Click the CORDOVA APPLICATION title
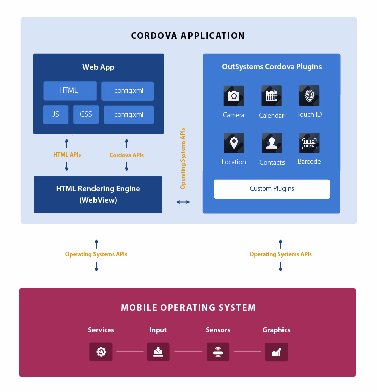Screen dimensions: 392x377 coord(188,36)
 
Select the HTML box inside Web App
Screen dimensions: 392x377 coord(69,91)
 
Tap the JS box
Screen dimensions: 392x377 coord(56,115)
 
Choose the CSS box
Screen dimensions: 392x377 coord(86,115)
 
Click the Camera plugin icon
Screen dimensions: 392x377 coord(234,95)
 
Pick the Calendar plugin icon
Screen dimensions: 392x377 coord(271,95)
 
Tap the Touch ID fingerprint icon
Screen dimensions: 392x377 coord(309,95)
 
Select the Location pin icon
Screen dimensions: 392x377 coord(234,143)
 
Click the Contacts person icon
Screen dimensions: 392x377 coord(272,143)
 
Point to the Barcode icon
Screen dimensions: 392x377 coord(309,143)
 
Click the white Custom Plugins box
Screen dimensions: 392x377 coord(272,189)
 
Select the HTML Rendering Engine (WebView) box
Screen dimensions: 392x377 coord(98,194)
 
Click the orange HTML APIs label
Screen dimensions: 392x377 coord(67,155)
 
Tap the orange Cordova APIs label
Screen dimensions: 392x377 coord(127,155)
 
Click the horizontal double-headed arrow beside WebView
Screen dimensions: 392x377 coord(183,202)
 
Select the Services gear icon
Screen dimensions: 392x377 coord(101,352)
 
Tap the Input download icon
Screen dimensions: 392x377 coord(158,352)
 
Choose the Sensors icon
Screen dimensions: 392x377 coord(218,352)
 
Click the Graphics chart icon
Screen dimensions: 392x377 coord(276,352)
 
